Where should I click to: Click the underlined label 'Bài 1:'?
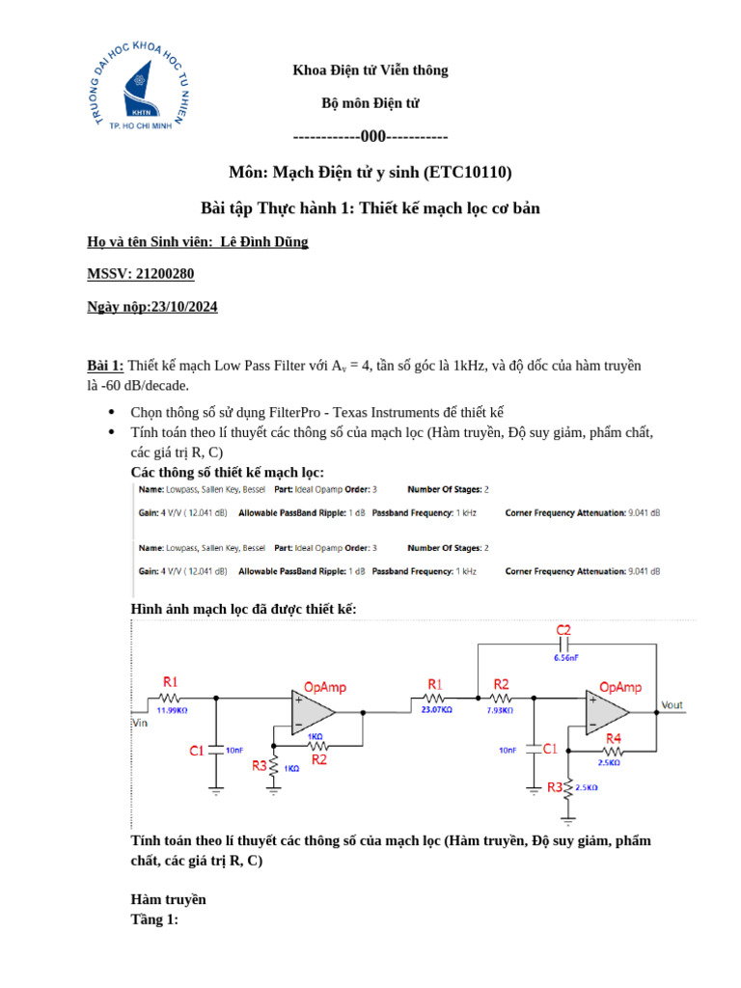click(105, 366)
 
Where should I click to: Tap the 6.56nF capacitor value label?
click(564, 657)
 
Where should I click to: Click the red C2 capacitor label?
click(564, 630)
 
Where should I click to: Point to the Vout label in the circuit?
click(672, 705)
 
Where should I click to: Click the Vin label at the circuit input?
click(141, 721)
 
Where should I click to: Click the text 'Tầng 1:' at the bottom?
click(154, 919)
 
